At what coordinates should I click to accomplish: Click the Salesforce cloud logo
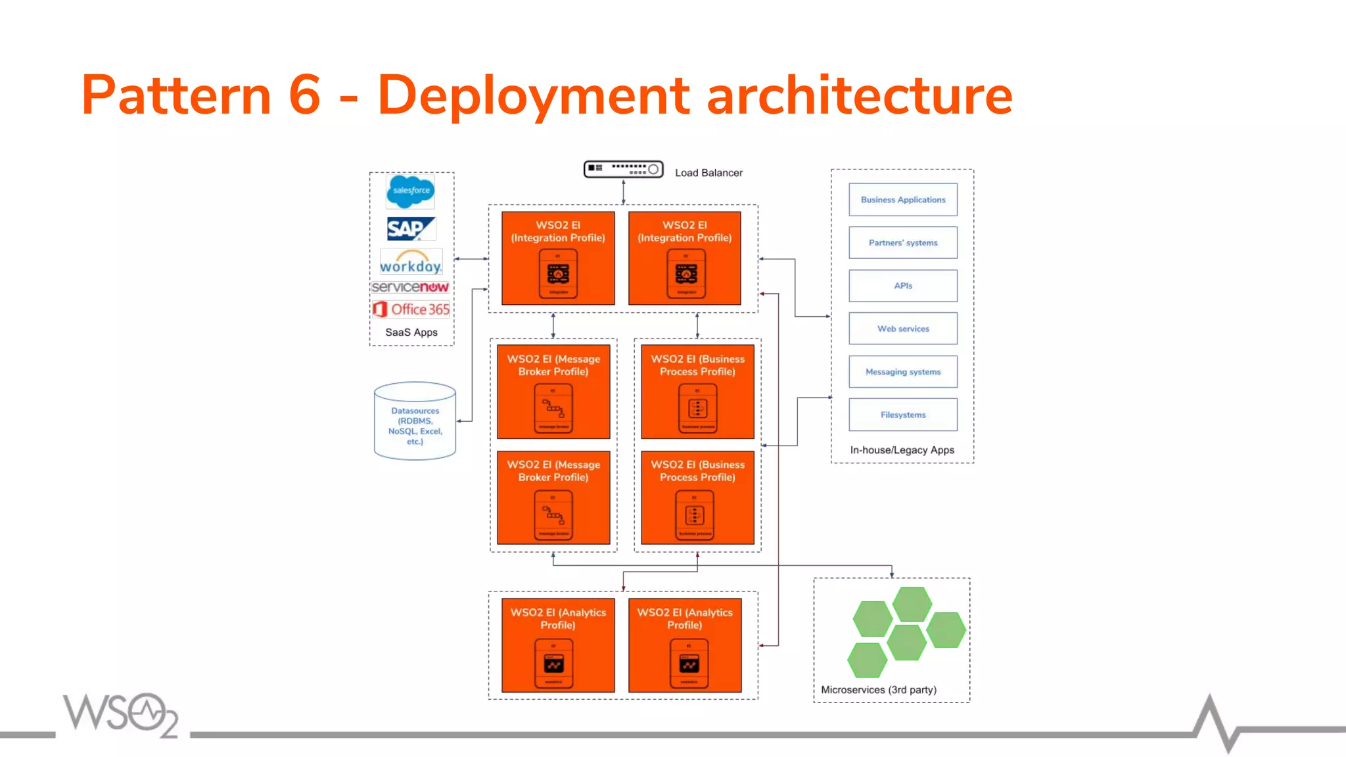(411, 191)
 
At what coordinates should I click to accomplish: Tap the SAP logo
(411, 229)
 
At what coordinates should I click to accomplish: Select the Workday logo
(411, 262)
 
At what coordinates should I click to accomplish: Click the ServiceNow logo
(410, 287)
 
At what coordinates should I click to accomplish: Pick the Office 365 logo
(411, 309)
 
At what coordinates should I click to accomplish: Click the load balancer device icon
(623, 170)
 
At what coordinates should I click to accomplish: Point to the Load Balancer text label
(708, 173)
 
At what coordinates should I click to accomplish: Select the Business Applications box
(902, 200)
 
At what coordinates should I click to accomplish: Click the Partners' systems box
(902, 242)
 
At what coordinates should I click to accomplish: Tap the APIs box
(902, 286)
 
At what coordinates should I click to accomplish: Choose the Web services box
(902, 329)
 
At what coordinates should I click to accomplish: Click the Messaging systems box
(902, 372)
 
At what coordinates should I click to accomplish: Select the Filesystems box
(902, 415)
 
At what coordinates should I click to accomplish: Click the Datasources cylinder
(415, 421)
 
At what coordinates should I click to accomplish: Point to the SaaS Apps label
(411, 333)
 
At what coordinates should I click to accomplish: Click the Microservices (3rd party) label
(878, 690)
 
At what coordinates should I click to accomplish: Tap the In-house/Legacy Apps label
(902, 450)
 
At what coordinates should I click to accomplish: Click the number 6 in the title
(304, 95)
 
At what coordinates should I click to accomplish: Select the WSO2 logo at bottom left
(121, 715)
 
